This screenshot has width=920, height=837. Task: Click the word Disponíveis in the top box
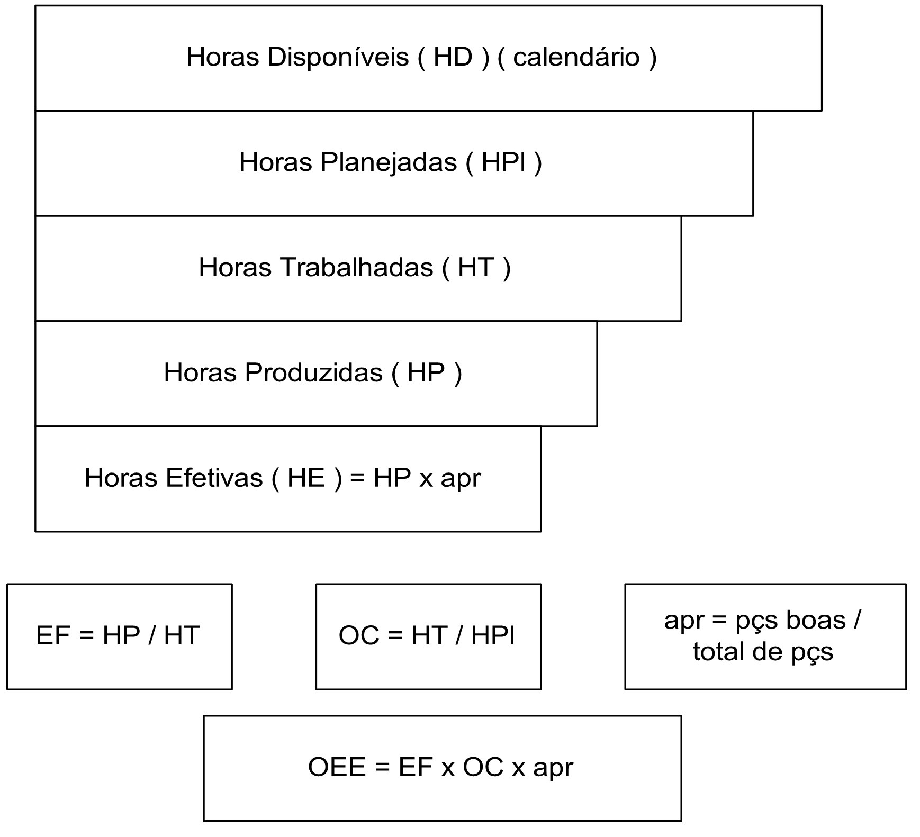coord(338,57)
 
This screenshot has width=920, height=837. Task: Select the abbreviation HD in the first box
coord(453,57)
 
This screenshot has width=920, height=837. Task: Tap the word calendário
coord(576,57)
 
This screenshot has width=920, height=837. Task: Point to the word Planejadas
coord(388,162)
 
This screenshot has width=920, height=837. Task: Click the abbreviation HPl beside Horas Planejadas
coord(504,162)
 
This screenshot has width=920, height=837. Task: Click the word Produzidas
coord(313,372)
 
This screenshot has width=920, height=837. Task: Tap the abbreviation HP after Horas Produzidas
coord(426,372)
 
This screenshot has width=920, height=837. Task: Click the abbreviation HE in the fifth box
coord(305,477)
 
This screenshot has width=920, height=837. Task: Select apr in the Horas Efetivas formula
coord(461,479)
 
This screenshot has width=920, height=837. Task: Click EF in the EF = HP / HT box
coord(53,635)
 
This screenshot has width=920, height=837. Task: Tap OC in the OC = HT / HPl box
coord(359,635)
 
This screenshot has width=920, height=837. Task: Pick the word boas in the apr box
coord(816,620)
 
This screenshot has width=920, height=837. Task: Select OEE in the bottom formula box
coord(337,767)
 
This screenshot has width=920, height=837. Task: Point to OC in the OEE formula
coord(483,767)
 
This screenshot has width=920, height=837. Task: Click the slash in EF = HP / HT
coord(152,635)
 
